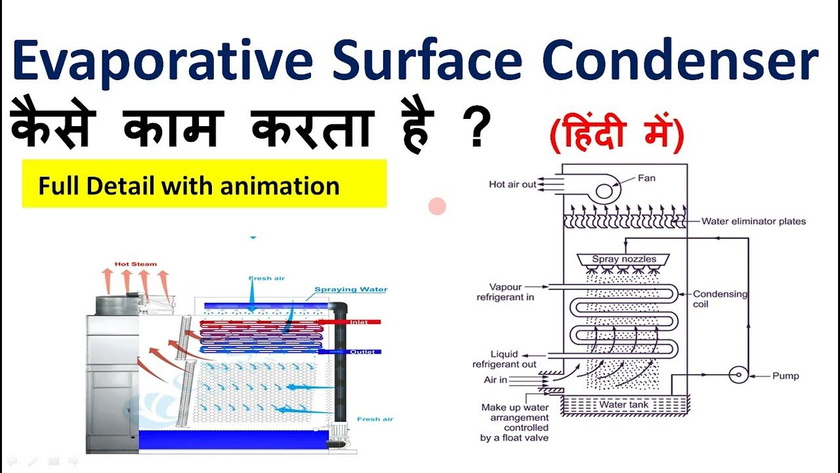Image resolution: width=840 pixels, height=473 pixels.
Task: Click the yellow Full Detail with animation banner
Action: click(x=204, y=185)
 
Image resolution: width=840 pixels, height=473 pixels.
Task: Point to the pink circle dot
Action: click(x=437, y=207)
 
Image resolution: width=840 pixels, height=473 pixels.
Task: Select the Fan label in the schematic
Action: click(x=647, y=177)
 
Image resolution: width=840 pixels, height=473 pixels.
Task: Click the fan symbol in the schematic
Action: click(x=604, y=191)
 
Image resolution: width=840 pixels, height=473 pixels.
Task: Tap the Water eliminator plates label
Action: click(x=753, y=221)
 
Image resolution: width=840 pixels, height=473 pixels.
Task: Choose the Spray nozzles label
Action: click(x=624, y=259)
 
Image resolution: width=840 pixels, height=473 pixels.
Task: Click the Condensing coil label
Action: click(x=720, y=299)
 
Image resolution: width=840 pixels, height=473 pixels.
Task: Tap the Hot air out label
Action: click(x=513, y=185)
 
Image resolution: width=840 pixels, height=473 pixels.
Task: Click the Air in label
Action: click(x=495, y=380)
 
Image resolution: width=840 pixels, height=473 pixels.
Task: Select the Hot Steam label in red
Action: click(x=136, y=264)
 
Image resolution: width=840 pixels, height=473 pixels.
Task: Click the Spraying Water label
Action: click(x=350, y=289)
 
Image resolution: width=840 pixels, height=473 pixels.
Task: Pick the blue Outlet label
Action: click(x=362, y=351)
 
